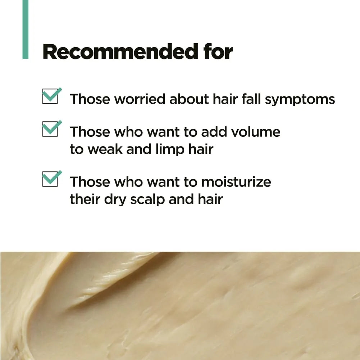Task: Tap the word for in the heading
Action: click(218, 52)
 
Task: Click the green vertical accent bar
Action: click(26, 30)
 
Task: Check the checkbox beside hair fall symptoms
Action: click(50, 96)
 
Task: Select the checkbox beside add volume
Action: click(50, 129)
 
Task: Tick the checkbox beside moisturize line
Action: click(50, 179)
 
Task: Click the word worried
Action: click(140, 99)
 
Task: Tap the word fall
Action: click(251, 99)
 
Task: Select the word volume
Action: click(256, 132)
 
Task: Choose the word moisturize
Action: click(236, 182)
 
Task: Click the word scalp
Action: click(147, 199)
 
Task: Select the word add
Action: click(214, 132)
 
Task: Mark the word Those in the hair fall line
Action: click(90, 99)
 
